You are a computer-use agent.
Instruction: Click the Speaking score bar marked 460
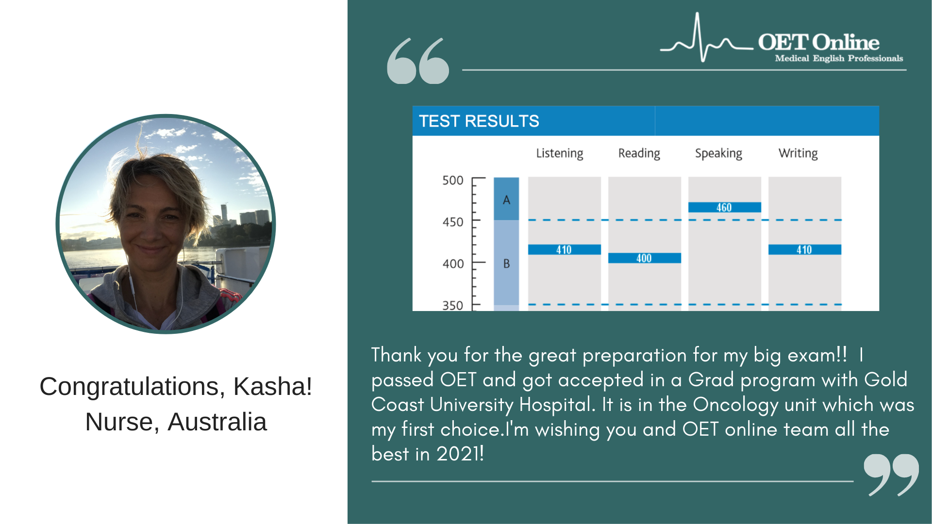pos(724,207)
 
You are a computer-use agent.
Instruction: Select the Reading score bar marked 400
pos(644,258)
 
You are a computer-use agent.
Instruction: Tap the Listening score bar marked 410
pos(564,249)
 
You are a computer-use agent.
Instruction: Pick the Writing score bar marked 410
pos(804,249)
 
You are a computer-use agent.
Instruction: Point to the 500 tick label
pos(453,180)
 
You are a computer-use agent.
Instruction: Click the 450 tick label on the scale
pos(453,222)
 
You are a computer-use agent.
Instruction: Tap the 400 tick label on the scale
pos(453,264)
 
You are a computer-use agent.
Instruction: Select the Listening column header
pos(560,154)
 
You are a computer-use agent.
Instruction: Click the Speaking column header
pos(718,154)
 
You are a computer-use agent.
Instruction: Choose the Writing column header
pos(798,154)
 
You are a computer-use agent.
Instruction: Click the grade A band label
pos(506,200)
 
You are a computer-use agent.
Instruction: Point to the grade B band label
pos(506,263)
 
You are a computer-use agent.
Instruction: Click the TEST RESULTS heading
pos(479,121)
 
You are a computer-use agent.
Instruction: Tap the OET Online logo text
pos(818,42)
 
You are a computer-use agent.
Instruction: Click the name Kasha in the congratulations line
pos(272,387)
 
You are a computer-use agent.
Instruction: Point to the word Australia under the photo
pos(217,422)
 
